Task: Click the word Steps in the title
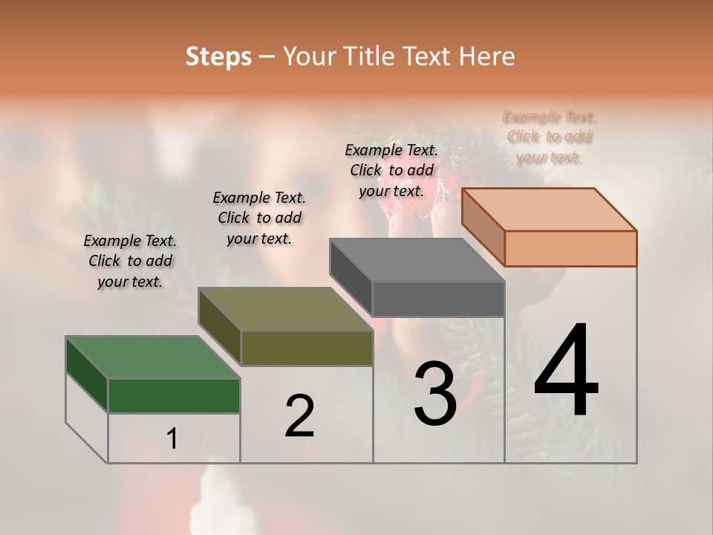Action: (218, 56)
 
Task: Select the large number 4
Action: (567, 372)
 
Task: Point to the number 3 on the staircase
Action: (435, 394)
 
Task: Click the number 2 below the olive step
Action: (299, 416)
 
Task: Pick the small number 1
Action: (172, 439)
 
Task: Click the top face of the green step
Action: (153, 357)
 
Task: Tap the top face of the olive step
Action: (285, 309)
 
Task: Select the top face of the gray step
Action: (417, 260)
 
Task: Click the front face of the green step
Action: (174, 395)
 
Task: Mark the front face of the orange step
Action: (570, 248)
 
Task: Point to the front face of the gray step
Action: (438, 299)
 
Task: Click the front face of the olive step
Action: (307, 348)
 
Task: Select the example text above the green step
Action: (130, 262)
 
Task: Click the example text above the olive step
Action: (259, 218)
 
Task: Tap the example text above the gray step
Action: (391, 170)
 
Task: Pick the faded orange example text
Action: (550, 137)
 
